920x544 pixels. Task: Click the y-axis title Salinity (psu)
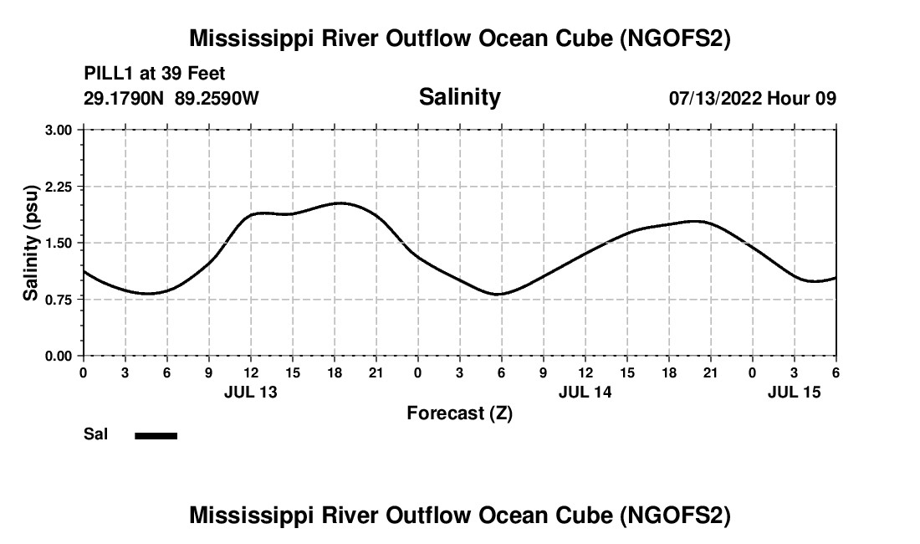(31, 243)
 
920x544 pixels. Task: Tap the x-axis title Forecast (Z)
(459, 413)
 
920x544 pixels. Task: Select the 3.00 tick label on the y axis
(59, 130)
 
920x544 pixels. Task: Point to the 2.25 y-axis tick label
(59, 187)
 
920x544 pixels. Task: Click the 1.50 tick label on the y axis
(59, 243)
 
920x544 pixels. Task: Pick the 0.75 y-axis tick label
(59, 300)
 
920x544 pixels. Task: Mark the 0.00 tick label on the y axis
(59, 356)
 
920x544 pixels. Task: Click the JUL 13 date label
(251, 391)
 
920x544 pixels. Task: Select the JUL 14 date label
(585, 391)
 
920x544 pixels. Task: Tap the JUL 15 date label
(795, 391)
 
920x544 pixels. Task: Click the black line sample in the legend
(156, 435)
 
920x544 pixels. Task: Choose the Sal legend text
(95, 434)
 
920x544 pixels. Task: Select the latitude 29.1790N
(125, 99)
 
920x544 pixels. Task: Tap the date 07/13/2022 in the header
(716, 99)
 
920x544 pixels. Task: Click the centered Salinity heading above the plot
(459, 97)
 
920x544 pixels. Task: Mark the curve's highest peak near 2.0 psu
(340, 203)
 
